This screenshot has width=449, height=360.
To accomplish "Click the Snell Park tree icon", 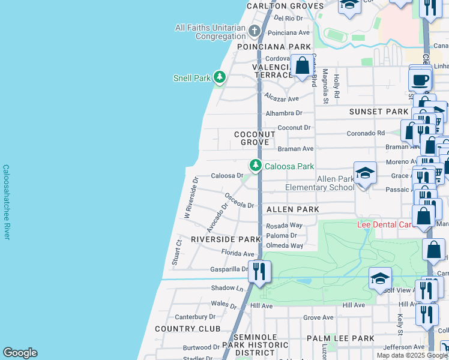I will tap(220, 77).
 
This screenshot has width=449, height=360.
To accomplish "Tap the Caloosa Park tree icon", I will tap(256, 164).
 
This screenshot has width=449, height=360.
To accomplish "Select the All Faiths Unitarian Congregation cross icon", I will tap(254, 31).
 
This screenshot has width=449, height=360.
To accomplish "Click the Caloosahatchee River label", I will tap(6, 202).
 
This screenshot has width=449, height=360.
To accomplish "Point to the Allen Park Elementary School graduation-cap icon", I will tap(365, 174).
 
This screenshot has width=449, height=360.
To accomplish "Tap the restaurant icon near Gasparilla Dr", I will tap(259, 271).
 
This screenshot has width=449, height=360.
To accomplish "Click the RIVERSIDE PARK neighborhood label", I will tap(226, 239).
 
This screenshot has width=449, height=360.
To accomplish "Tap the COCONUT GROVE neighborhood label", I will tap(255, 138).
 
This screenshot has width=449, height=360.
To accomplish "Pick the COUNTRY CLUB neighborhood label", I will tap(184, 329).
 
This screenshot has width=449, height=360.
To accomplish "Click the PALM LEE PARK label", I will tap(340, 338).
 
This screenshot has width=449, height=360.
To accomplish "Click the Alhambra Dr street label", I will tap(285, 113).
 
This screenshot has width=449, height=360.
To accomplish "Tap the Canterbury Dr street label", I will tap(194, 317).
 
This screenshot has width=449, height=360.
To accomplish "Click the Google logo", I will tap(20, 353).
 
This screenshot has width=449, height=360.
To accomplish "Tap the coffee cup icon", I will tap(420, 79).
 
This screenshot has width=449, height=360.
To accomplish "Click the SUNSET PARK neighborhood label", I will tap(378, 112).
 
